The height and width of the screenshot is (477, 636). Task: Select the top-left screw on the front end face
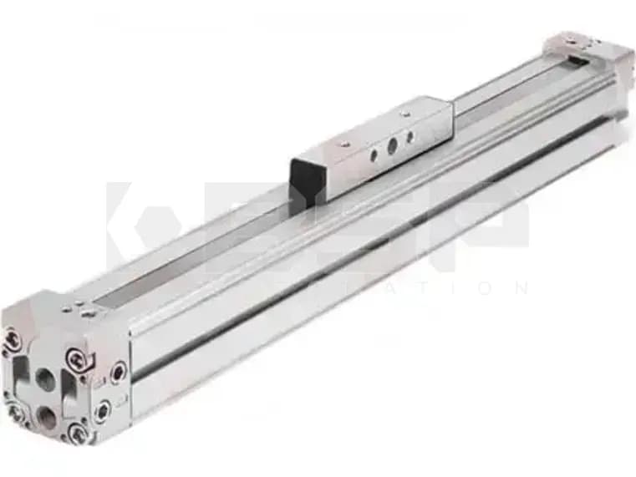(x=13, y=337)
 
